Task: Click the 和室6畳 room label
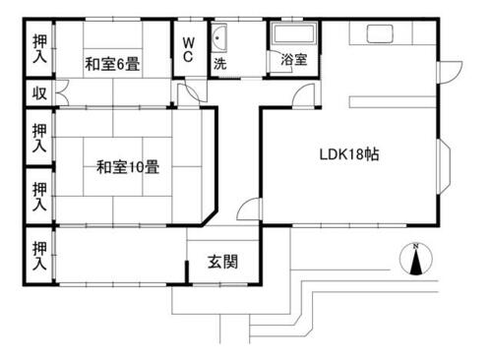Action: (112, 64)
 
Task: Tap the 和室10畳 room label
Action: (128, 167)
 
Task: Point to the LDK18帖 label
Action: (349, 154)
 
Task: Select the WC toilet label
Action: (188, 49)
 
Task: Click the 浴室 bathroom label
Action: (294, 60)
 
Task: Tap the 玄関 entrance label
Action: (222, 262)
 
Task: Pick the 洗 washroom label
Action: (220, 64)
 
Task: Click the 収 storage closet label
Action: (39, 93)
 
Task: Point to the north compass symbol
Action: (416, 259)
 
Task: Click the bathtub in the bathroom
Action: (294, 34)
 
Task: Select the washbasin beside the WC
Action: (218, 37)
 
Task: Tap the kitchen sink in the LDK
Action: (380, 33)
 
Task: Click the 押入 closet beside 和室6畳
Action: (39, 49)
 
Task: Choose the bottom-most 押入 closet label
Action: (39, 256)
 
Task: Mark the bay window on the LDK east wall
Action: (445, 166)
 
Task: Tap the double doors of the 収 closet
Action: (62, 93)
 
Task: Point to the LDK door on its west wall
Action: (249, 209)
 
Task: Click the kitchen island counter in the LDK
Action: (393, 102)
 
